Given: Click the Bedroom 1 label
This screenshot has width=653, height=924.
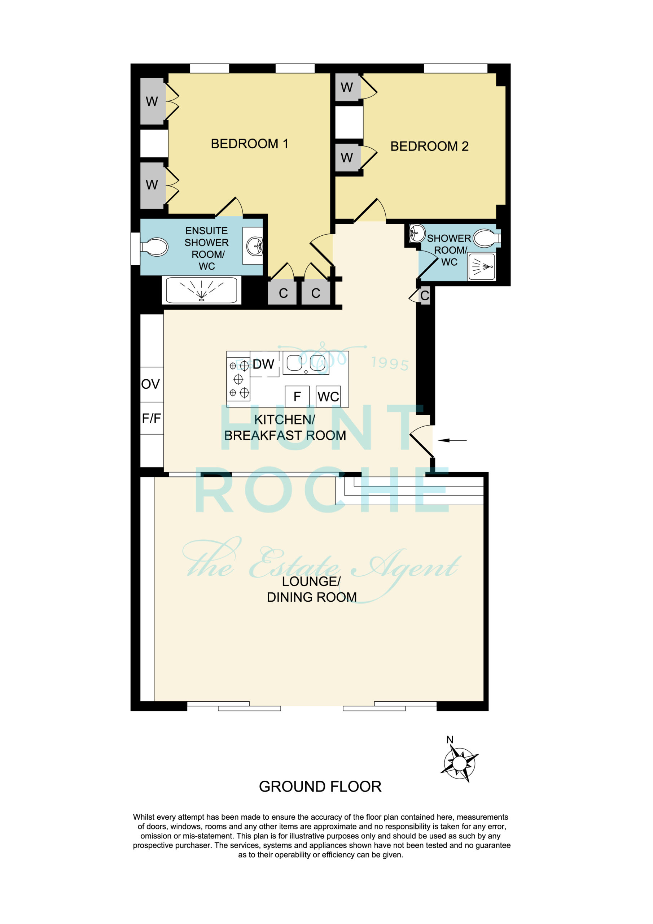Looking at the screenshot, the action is tap(249, 144).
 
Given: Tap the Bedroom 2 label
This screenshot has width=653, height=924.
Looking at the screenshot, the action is tap(429, 146).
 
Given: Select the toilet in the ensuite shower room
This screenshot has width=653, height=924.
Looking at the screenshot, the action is tap(154, 247).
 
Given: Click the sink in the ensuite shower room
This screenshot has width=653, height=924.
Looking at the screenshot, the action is tap(254, 245).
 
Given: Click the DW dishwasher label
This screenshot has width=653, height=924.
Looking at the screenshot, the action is tap(263, 364).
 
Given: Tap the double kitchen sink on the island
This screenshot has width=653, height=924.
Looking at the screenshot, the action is tap(306, 363).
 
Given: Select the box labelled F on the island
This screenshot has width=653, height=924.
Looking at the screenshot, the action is tap(297, 396).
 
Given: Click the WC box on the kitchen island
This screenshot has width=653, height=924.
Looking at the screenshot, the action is tap(328, 396).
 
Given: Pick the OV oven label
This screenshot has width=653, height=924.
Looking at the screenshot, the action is tap(150, 384).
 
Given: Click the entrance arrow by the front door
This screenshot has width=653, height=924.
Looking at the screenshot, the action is tap(452, 440).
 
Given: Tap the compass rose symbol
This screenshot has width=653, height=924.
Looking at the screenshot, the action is tap(459, 763).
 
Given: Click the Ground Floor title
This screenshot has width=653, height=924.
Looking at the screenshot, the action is tap(320, 786).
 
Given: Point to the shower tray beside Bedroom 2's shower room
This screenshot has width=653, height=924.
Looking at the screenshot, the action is tap(482, 266).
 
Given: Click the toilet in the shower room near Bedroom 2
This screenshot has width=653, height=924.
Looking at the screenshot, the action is tap(486, 238).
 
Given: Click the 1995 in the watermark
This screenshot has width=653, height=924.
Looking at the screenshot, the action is tap(390, 364).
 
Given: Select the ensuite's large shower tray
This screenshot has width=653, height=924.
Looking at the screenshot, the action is tap(202, 290).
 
